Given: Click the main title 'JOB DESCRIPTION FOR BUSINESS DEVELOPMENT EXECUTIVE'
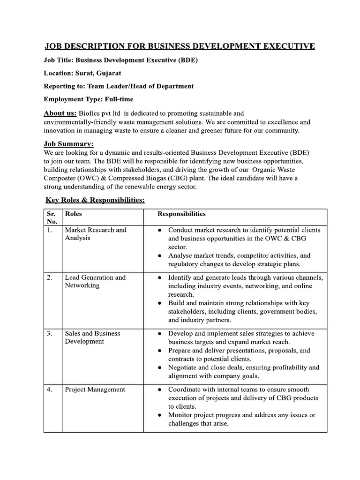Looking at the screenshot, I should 180,46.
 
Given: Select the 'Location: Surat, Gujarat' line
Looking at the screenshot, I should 82,73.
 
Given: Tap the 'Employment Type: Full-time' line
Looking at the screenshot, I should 88,99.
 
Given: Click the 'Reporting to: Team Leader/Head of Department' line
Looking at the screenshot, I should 118,86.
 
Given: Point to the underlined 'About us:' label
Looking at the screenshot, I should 60,113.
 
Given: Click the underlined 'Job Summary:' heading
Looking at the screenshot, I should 68,143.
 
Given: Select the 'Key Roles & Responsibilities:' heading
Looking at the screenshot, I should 95,200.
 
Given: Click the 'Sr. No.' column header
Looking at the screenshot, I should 52,217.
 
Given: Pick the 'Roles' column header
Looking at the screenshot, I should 73,214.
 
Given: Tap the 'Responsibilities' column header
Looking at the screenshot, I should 181,214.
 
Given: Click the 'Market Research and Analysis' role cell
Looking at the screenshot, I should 96,234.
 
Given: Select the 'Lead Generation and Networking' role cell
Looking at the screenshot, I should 95,281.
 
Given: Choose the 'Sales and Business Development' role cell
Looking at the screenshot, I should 92,337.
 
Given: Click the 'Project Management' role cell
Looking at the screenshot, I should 95,389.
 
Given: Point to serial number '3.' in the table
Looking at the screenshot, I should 49,334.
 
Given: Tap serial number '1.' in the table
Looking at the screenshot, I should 49,230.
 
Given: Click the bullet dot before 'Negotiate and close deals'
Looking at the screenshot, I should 160,368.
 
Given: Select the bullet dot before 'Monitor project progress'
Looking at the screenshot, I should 160,415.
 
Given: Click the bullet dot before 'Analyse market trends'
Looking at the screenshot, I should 160,256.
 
